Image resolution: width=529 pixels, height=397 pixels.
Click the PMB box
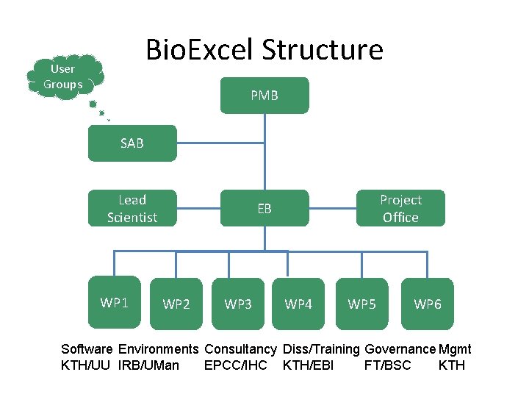tap(264, 96)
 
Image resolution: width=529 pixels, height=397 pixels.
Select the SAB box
tap(132, 143)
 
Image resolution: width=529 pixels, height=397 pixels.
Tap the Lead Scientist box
tap(132, 209)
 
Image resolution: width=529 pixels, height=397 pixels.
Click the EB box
tap(264, 209)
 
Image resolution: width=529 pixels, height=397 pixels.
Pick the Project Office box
tap(400, 209)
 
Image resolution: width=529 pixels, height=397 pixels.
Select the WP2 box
tap(176, 304)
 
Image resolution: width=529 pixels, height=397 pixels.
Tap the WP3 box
tap(238, 304)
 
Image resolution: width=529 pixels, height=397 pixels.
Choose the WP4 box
tap(298, 304)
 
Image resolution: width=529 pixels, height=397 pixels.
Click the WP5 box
tap(361, 304)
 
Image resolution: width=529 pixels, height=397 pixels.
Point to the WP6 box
tap(428, 304)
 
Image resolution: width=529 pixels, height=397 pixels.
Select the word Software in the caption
tap(87, 349)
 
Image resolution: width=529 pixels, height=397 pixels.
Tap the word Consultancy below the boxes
tap(240, 349)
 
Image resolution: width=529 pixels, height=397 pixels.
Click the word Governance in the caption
tap(400, 349)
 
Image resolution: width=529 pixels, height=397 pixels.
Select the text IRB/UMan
tap(148, 365)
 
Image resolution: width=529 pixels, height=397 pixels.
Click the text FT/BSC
tap(388, 365)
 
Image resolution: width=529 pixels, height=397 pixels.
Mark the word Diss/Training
tap(321, 349)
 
